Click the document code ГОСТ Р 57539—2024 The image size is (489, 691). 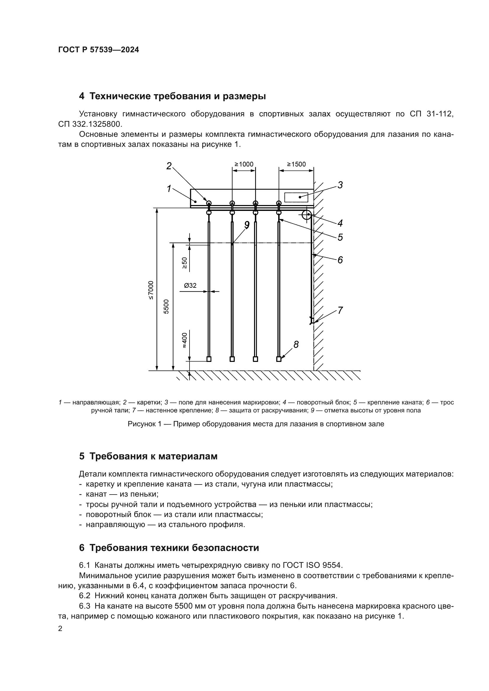98,50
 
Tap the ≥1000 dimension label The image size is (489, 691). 244,164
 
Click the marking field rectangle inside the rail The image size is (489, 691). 296,197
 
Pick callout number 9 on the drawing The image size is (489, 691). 247,225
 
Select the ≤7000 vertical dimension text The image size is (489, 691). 151,290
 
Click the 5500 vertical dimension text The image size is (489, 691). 166,307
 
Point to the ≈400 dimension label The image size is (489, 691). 184,340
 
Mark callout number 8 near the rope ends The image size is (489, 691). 296,344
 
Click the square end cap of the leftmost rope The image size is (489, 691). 209,359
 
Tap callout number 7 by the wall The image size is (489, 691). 340,310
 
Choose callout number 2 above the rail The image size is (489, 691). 169,166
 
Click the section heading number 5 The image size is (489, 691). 82,456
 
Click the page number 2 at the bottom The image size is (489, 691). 60,629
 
